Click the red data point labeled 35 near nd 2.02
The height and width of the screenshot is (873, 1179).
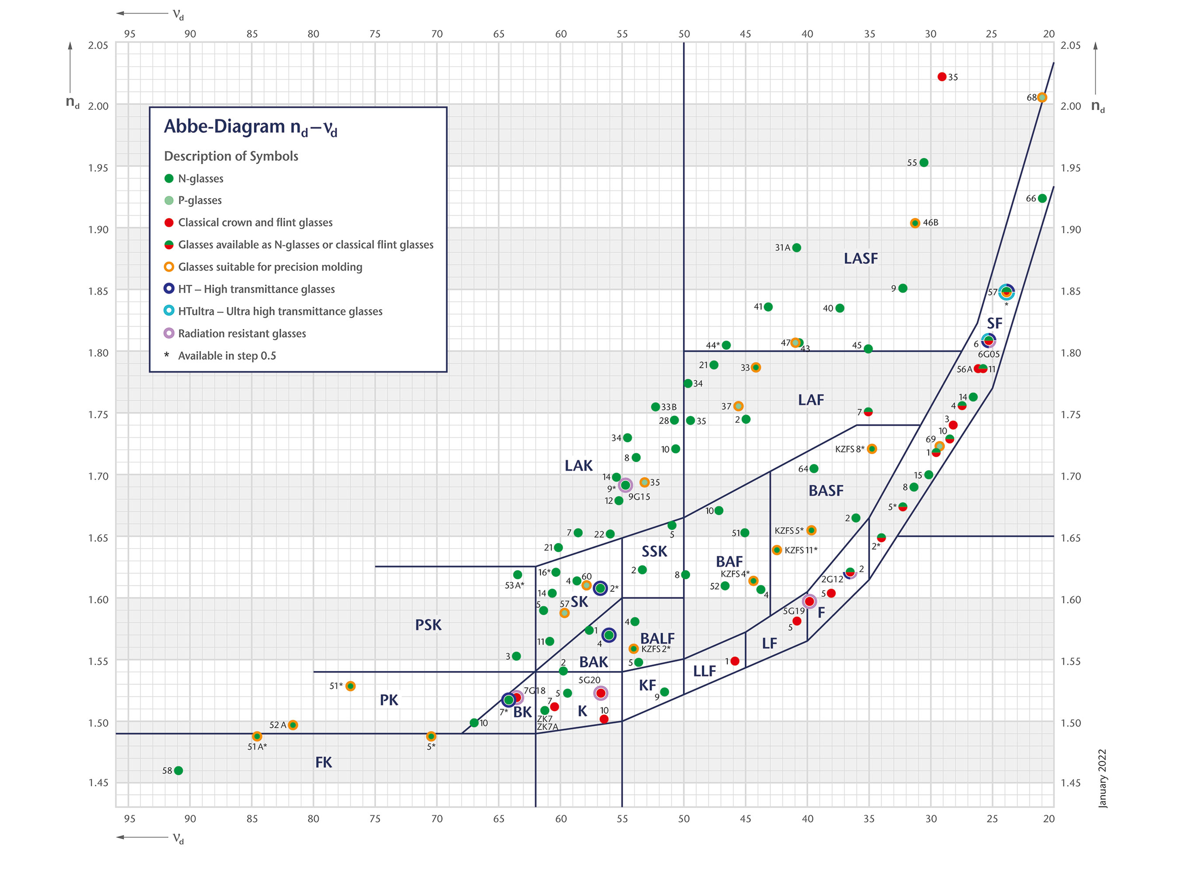click(x=942, y=77)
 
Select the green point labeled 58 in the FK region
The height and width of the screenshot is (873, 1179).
click(x=179, y=770)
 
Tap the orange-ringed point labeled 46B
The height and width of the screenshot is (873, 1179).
click(x=915, y=223)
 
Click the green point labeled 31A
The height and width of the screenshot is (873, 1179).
click(x=797, y=248)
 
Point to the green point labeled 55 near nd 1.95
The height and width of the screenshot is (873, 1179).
click(x=923, y=163)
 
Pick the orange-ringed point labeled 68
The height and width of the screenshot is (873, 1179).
click(x=1042, y=98)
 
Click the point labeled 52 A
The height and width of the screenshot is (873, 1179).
click(x=293, y=725)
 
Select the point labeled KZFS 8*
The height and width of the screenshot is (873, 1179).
click(x=872, y=449)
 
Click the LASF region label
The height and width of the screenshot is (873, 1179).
click(x=861, y=258)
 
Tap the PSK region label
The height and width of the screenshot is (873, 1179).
click(x=428, y=625)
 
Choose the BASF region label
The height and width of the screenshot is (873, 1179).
click(x=826, y=491)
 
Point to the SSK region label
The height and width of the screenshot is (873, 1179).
click(x=655, y=552)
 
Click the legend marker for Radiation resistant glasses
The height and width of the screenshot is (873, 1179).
click(x=169, y=333)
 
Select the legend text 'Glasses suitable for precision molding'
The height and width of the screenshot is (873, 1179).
click(x=270, y=267)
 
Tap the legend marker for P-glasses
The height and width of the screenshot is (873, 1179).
click(x=169, y=200)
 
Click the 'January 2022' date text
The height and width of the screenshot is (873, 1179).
click(x=1102, y=778)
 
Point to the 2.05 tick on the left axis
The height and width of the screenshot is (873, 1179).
click(x=98, y=45)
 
